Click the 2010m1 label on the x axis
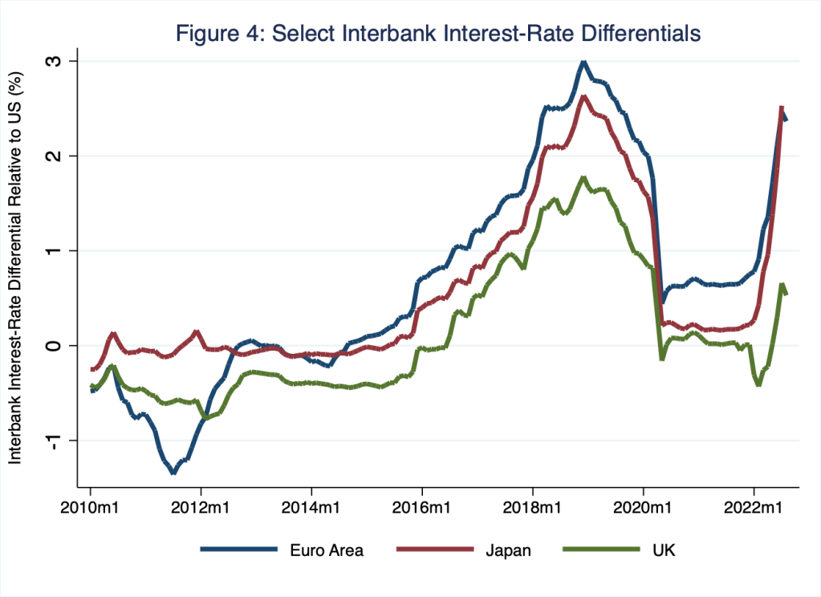(90, 508)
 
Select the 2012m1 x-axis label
(201, 508)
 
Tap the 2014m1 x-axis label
(311, 508)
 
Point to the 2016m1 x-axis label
(422, 508)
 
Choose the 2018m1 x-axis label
(533, 508)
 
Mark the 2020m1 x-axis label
(643, 508)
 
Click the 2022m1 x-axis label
(754, 508)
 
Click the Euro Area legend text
(327, 550)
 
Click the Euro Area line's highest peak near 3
(583, 63)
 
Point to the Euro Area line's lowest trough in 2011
(173, 473)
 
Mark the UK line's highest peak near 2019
(583, 178)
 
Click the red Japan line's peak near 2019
(583, 97)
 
